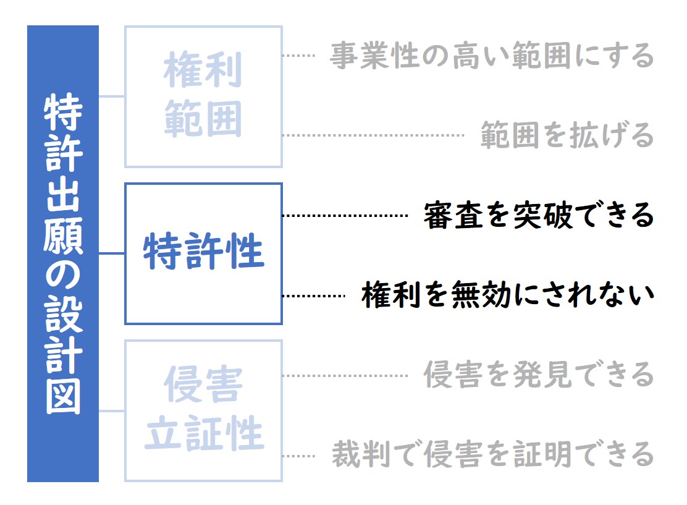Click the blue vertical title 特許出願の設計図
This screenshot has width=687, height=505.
63,253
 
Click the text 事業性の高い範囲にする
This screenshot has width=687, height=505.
492,56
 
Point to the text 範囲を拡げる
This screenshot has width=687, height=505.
567,135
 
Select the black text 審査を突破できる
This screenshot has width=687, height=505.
539,215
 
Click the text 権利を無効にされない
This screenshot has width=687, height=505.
508,295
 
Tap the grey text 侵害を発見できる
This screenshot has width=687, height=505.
539,375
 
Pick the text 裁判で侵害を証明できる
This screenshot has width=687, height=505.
493,454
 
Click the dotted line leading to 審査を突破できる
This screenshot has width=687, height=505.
345,216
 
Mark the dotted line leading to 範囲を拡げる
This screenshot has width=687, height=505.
373,135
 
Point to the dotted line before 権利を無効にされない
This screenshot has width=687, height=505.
314,296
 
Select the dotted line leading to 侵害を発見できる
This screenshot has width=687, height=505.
345,376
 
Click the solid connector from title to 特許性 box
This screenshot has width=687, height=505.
112,253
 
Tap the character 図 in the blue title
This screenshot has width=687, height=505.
63,396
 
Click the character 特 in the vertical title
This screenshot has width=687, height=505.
63,111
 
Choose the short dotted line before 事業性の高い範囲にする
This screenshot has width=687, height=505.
299,56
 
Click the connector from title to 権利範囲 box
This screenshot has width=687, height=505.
112,96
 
